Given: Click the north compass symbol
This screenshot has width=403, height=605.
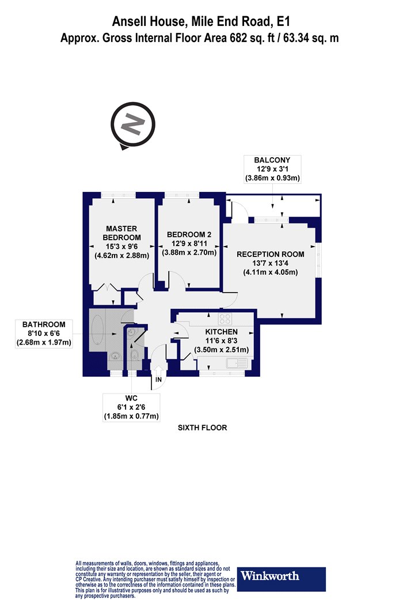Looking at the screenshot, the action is point(132,125).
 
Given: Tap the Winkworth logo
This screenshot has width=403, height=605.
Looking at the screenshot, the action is point(281,578).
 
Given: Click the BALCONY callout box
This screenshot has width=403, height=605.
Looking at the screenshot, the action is point(272,169).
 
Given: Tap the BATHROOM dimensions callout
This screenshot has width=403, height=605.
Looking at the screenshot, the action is point(44,334).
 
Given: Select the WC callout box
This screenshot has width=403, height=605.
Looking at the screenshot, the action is point(131,407).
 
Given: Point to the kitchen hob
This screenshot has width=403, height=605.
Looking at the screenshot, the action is point(225,319).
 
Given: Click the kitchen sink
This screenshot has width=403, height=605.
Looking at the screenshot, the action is point(237,363).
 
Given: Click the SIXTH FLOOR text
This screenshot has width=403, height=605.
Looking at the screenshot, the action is point(202,428).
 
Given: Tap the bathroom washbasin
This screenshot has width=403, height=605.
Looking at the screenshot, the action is point(115,356).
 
